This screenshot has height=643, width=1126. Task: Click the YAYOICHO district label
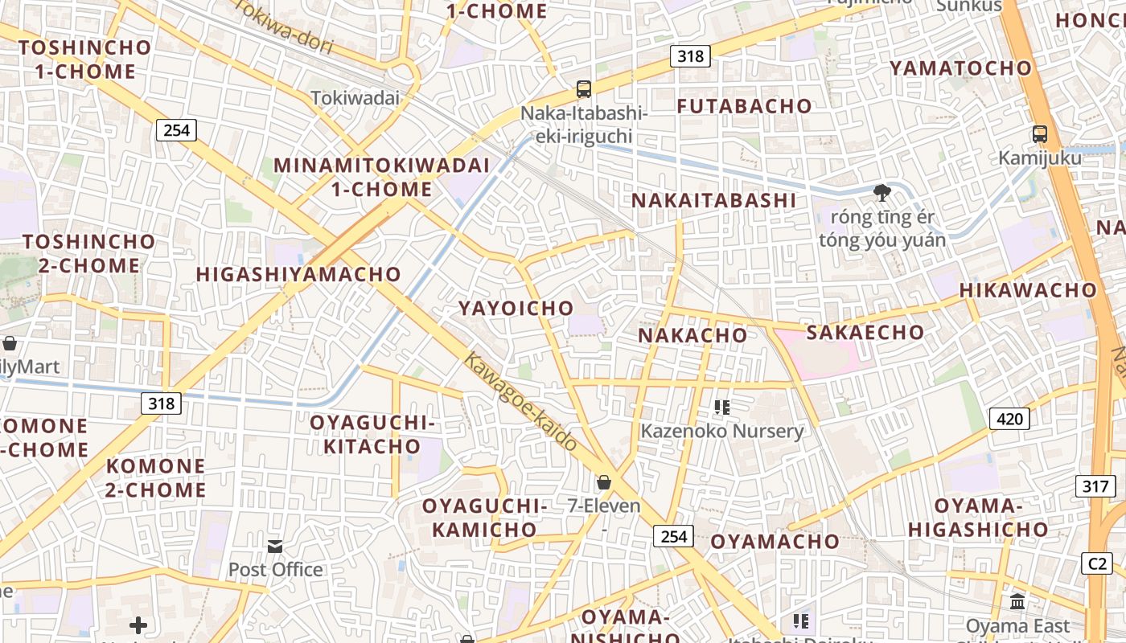coord(516,308)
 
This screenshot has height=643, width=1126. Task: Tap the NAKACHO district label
coord(692,335)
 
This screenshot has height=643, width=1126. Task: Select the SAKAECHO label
coord(865,332)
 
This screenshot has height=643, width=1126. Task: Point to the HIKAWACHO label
coord(1028,290)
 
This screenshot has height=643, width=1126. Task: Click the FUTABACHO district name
coord(744,106)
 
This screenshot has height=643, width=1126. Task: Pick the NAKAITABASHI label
coord(713,200)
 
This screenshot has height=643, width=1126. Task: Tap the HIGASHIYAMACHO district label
coord(298,274)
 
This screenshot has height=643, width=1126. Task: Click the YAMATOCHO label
coord(960,68)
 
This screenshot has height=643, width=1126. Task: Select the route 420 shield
coord(1009,418)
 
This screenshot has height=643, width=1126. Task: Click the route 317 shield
coord(1095,486)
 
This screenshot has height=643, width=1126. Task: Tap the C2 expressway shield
coord(1097,563)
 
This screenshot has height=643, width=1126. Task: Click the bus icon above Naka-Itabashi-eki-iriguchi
coord(584,89)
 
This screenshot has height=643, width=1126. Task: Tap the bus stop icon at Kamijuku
coord(1040,134)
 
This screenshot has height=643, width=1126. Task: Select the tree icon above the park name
coord(882,192)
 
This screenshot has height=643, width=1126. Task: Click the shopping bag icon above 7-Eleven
coord(604,482)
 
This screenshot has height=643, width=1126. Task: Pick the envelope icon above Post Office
coord(275,547)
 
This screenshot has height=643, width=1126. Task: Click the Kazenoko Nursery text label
coord(721,431)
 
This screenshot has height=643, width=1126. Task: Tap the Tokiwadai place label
coord(355,98)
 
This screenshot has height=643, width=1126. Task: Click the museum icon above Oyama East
coord(1017,601)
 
